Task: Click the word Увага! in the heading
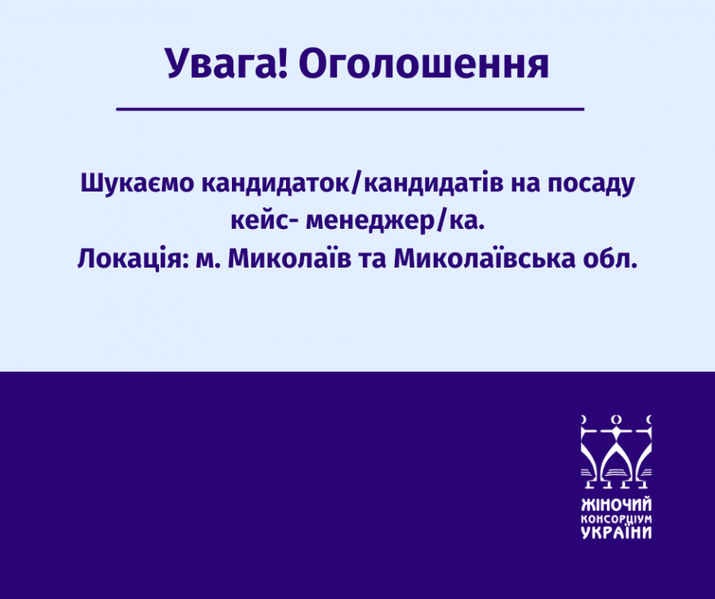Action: pos(226,64)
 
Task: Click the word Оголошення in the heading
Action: pos(424,64)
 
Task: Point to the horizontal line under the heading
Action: pos(350,110)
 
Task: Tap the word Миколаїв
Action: pos(289,259)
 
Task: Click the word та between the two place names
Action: pos(373,261)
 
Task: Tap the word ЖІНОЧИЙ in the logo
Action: pos(616,505)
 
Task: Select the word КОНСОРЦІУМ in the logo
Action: pos(616,520)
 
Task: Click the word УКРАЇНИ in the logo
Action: pos(616,532)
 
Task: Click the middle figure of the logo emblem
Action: pos(616,451)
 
